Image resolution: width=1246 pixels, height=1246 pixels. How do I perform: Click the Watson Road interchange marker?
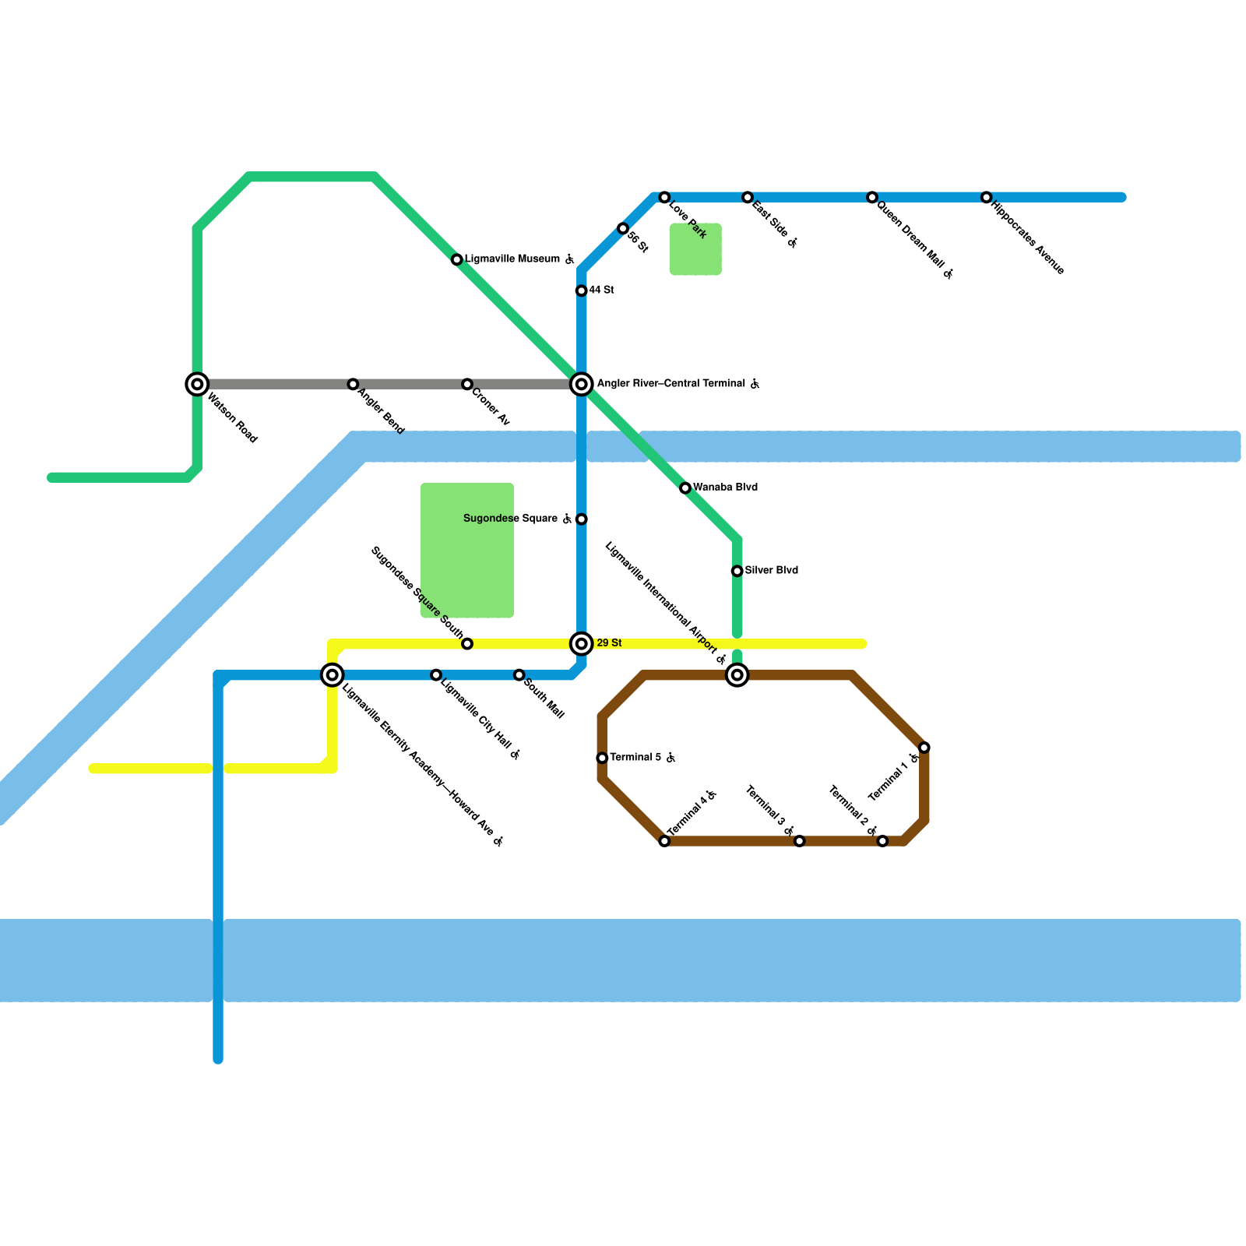coord(198,384)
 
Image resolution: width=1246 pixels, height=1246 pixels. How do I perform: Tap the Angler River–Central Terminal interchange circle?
coord(582,384)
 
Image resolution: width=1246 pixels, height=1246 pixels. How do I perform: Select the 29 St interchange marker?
coord(582,643)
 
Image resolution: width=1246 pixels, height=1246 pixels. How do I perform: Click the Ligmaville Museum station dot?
coord(457,259)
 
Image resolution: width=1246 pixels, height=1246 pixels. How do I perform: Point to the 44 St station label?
coord(601,290)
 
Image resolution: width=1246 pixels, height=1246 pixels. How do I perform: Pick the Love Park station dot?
coord(664,198)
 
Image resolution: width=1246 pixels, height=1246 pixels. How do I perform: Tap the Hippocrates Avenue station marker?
coord(986,198)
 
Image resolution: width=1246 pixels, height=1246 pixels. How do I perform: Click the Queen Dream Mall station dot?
coord(872,198)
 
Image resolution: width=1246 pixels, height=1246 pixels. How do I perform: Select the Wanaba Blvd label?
coord(725,487)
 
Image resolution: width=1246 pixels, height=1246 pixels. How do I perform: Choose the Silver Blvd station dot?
coord(737,571)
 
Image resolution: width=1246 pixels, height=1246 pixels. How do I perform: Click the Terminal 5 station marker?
coord(602,758)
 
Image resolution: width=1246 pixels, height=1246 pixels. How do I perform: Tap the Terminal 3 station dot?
coord(799,841)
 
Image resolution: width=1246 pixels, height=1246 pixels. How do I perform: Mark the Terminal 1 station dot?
coord(924,748)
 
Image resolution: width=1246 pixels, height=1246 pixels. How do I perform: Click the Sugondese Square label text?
coord(510,519)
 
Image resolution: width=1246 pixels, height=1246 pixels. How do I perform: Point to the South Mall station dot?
coord(519,674)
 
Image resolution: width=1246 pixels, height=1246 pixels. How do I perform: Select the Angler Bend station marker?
coord(353,384)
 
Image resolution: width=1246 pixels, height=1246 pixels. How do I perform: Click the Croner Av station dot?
coord(466,384)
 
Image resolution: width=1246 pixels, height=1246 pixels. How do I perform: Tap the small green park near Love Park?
coord(695,249)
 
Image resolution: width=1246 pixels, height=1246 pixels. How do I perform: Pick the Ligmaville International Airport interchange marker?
coord(737,674)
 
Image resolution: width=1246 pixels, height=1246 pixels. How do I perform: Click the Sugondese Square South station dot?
coord(466,643)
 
